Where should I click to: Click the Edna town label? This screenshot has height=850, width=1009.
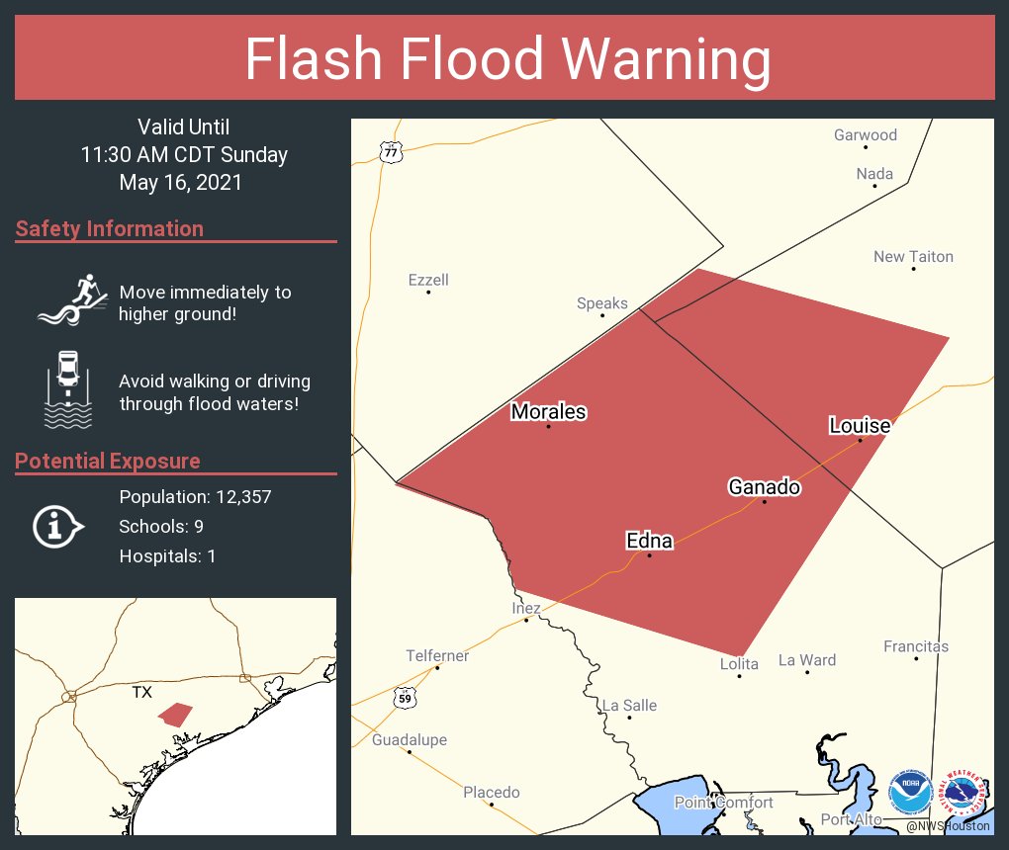pos(649,541)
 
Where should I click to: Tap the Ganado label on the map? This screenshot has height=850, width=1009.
pos(764,487)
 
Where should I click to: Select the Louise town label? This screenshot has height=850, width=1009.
pos(859,426)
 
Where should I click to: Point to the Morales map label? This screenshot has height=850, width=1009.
pos(548,412)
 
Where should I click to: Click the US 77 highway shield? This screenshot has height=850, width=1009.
pos(392,152)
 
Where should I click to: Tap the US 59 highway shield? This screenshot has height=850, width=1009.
pos(404,697)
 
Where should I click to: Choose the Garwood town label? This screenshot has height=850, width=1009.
pos(865,135)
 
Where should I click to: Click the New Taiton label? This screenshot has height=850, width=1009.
pos(913,257)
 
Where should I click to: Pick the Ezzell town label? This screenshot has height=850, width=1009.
pos(428,280)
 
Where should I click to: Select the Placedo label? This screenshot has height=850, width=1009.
pos(491,792)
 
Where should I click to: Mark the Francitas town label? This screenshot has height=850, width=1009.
pos(915,646)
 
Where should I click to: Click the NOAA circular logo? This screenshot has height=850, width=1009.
pos(911,793)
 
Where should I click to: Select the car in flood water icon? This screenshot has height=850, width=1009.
pos(68,389)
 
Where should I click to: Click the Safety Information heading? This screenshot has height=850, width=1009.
pos(110,229)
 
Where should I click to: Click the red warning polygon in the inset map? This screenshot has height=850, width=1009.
pos(176,715)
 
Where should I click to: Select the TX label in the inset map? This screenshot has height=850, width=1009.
pos(142,693)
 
